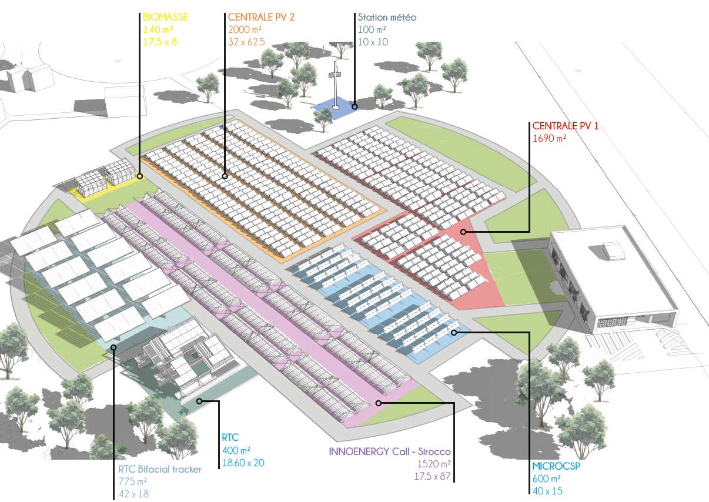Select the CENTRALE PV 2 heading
tap(261, 17)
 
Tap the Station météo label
tap(387, 17)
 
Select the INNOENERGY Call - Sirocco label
tap(390, 451)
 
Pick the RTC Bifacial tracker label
tap(160, 469)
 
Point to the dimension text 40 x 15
tap(547, 490)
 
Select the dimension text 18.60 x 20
tap(243, 463)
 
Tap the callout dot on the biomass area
tap(140, 176)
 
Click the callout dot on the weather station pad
tap(354, 106)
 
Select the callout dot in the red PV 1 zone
tap(463, 232)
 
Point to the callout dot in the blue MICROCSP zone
tap(454, 333)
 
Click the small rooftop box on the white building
tap(614, 250)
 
